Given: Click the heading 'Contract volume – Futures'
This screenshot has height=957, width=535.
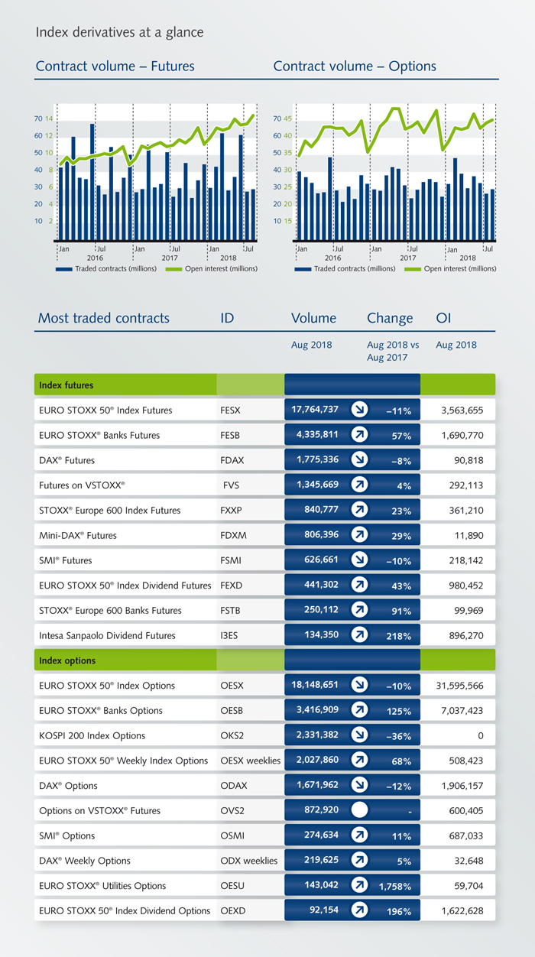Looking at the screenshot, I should [x=115, y=67].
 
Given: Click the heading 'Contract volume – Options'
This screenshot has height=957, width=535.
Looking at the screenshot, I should [x=355, y=67].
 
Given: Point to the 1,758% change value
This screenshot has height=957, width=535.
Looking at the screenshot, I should [x=395, y=887].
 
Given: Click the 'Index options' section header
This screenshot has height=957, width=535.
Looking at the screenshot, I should [x=68, y=660].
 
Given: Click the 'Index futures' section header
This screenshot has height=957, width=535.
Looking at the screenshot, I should [x=66, y=384].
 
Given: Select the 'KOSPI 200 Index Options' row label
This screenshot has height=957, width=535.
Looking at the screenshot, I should [x=92, y=735].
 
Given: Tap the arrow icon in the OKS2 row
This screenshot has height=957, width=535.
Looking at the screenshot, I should [x=359, y=735].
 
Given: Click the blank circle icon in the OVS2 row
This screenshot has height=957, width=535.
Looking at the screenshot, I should [x=359, y=810].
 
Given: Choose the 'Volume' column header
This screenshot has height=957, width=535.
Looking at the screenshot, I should [x=313, y=318].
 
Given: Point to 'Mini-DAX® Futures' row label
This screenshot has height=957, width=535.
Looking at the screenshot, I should [x=78, y=535].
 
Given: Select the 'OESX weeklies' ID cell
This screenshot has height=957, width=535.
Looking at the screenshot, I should [x=250, y=761].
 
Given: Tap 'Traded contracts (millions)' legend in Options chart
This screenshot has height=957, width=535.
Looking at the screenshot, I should [x=351, y=269].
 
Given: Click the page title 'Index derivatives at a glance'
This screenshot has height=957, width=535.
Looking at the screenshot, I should [x=119, y=32].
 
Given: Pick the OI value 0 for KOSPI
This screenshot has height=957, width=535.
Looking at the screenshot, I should [x=480, y=735].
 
